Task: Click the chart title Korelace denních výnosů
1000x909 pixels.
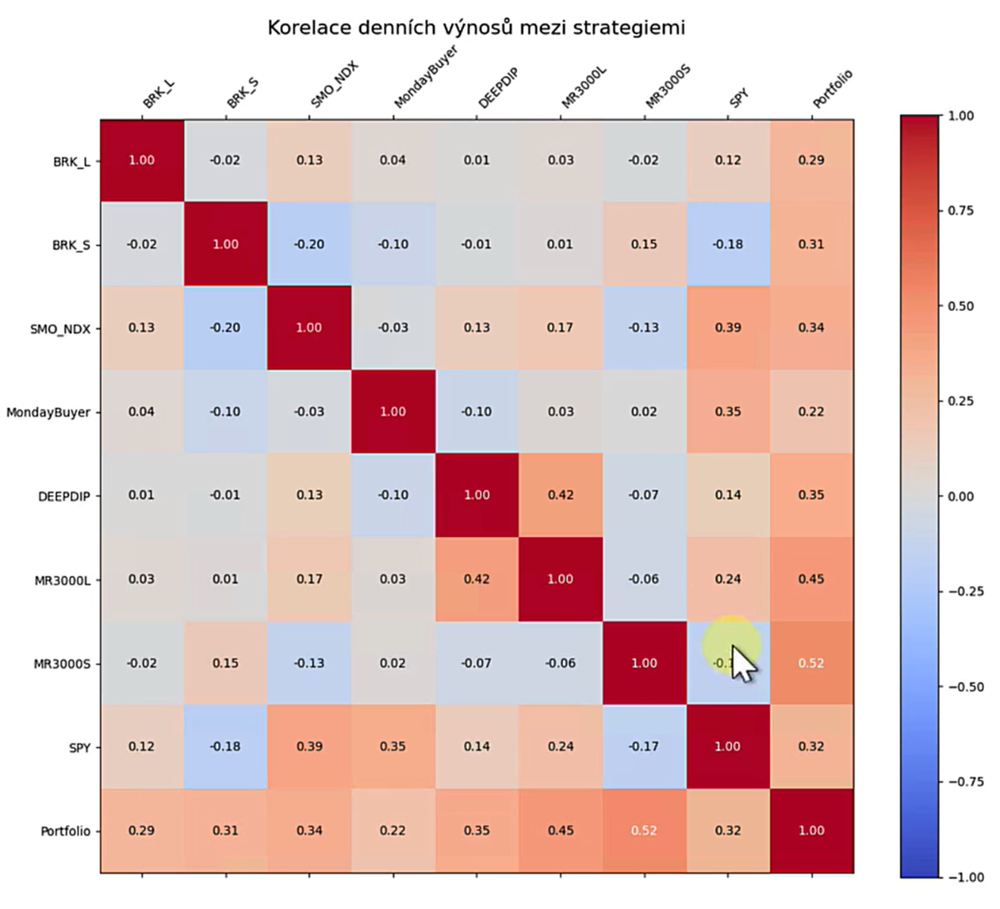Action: pyautogui.click(x=475, y=28)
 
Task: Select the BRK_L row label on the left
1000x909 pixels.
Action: pyautogui.click(x=71, y=161)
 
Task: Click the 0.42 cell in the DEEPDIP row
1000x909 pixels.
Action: pyautogui.click(x=560, y=495)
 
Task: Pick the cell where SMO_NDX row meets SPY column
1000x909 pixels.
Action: pyautogui.click(x=727, y=328)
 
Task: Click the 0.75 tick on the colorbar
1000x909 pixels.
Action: pyautogui.click(x=961, y=211)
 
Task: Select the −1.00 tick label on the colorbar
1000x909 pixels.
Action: pyautogui.click(x=966, y=877)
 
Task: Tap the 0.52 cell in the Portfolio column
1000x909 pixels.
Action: pyautogui.click(x=811, y=663)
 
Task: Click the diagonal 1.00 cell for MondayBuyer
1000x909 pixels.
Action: pyautogui.click(x=393, y=412)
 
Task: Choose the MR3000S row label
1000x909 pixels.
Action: pyautogui.click(x=62, y=664)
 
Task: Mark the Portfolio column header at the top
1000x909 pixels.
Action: pyautogui.click(x=833, y=89)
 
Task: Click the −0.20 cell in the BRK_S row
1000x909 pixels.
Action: pyautogui.click(x=309, y=245)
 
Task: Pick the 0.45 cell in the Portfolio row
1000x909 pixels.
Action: pyautogui.click(x=560, y=831)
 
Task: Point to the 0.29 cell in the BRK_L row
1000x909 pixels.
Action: pyautogui.click(x=811, y=161)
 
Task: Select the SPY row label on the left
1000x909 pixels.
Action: pyautogui.click(x=79, y=748)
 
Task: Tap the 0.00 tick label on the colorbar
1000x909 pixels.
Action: pyautogui.click(x=961, y=496)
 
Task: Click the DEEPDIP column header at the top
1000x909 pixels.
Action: pyautogui.click(x=497, y=89)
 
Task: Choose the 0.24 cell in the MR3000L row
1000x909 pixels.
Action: pyautogui.click(x=727, y=579)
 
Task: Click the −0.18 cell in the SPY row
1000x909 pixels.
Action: pyautogui.click(x=226, y=747)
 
